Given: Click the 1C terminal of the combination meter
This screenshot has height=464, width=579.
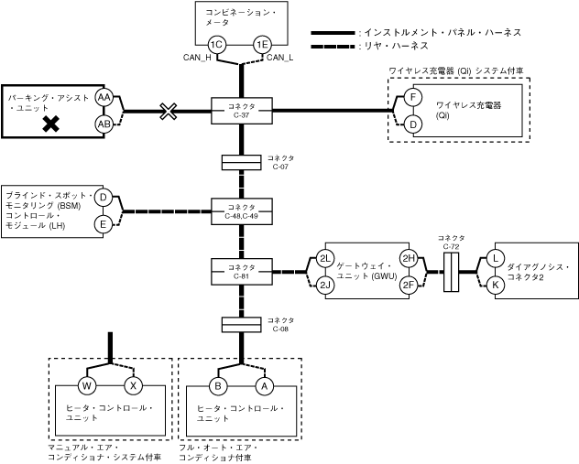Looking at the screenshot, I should [x=216, y=45].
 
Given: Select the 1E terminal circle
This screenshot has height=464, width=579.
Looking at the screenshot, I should [x=263, y=45].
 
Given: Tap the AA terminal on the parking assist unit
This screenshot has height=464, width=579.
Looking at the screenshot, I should [x=104, y=98].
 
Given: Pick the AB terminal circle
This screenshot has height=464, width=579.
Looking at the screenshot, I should [x=104, y=124].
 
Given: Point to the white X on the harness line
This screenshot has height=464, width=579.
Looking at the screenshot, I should [x=169, y=112].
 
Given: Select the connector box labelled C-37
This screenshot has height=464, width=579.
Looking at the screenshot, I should [x=241, y=111].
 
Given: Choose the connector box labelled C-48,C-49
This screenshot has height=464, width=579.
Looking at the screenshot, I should [x=241, y=211].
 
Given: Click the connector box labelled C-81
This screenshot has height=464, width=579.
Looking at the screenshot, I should [x=241, y=271].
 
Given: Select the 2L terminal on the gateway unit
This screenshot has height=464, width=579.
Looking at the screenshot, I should [x=325, y=258].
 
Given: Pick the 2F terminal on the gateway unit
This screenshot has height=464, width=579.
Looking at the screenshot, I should [x=409, y=285].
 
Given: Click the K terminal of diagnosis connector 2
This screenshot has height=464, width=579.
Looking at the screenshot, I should [x=496, y=285].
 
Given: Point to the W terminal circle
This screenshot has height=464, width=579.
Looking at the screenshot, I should [x=88, y=385].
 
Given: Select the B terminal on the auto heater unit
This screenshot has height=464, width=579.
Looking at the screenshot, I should [x=218, y=385].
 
